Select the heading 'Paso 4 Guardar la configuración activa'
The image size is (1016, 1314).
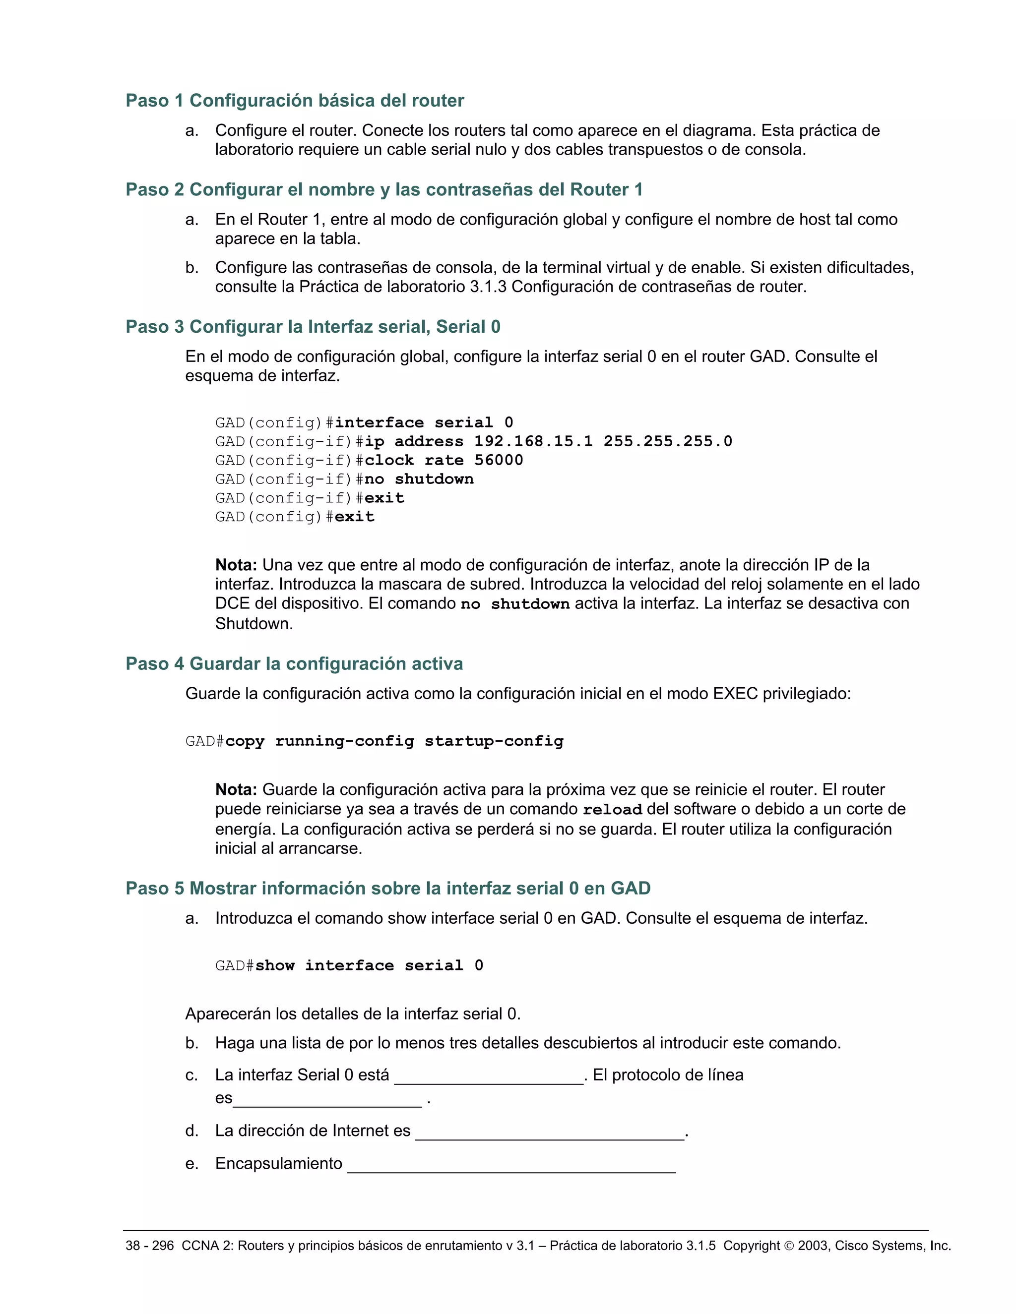[x=294, y=663]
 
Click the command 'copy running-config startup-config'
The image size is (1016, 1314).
[x=394, y=741]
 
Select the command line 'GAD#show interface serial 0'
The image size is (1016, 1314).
[x=349, y=965]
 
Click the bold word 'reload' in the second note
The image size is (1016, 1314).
[x=612, y=810]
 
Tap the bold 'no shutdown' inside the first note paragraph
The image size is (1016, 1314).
[x=514, y=604]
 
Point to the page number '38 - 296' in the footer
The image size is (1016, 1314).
[x=149, y=1246]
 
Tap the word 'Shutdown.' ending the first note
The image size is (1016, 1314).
[x=254, y=624]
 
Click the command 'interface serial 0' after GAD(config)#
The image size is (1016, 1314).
[x=424, y=422]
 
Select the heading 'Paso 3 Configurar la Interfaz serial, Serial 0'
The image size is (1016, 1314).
[x=313, y=327]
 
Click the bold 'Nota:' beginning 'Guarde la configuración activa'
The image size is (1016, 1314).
[x=236, y=789]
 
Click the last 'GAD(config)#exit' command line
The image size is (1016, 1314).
[x=295, y=517]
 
